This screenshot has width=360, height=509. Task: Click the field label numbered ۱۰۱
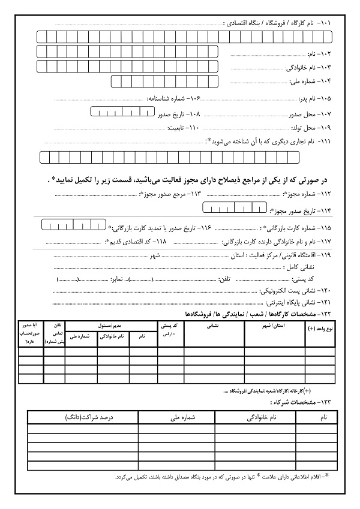(281, 23)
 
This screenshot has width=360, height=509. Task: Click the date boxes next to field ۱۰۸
(122, 112)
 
